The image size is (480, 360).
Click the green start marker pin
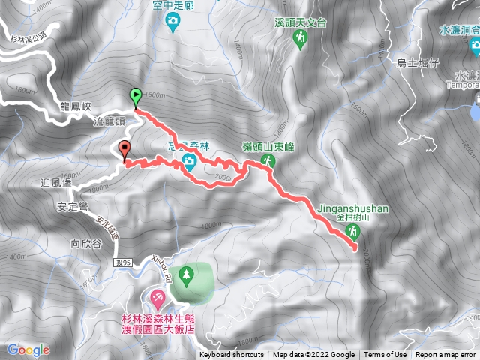tap(135, 95)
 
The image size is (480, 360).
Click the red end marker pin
tap(124, 148)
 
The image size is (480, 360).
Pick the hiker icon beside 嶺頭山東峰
tap(266, 163)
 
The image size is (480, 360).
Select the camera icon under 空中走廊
tap(173, 20)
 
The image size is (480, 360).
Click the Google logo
tap(28, 350)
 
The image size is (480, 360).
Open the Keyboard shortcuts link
tap(232, 355)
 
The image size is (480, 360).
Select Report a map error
tap(445, 355)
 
